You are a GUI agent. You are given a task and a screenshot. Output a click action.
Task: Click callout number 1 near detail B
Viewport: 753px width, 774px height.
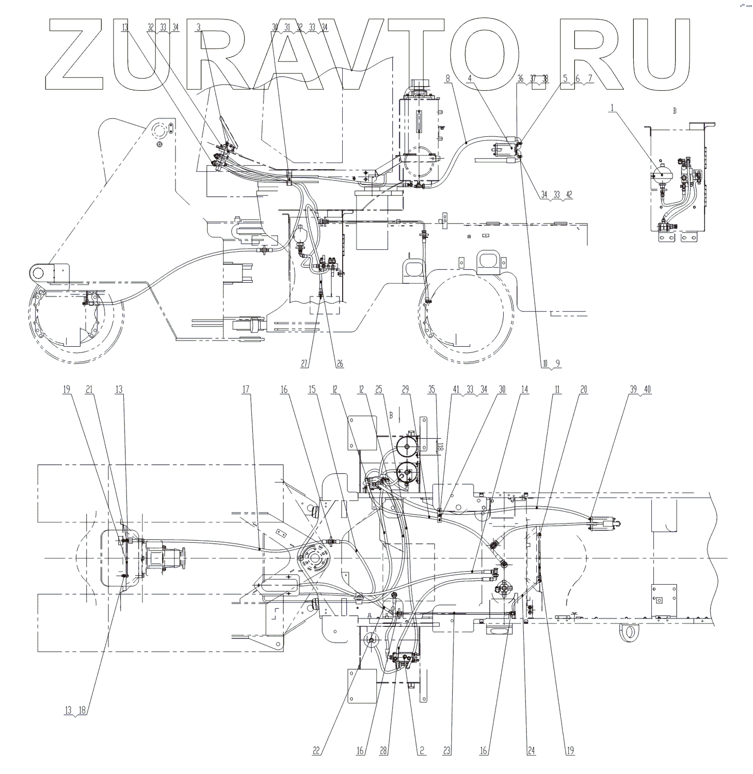(612, 108)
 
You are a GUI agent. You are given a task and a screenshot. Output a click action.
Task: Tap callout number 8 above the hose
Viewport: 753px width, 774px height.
(447, 78)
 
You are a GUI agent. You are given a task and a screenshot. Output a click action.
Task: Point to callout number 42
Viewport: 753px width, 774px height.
(569, 195)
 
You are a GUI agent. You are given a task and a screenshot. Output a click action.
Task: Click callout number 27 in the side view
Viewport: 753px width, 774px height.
(305, 364)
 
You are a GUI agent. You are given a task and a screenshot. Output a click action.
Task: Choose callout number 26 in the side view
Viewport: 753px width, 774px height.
(340, 364)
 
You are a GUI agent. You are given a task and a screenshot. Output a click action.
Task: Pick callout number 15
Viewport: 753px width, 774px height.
(312, 390)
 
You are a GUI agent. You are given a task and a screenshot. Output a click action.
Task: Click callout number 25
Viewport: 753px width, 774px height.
(379, 390)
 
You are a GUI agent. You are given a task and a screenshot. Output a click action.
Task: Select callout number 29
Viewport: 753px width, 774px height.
(405, 390)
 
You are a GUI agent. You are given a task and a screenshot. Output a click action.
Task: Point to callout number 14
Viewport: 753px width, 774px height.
(524, 390)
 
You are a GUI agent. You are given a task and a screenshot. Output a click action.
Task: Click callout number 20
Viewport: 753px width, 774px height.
(583, 390)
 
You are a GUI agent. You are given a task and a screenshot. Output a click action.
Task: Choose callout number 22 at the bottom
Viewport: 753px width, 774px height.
(316, 751)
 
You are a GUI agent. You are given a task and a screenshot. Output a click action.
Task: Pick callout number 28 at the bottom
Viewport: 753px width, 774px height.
(383, 751)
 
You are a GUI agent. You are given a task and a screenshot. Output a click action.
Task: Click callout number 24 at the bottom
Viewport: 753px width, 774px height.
(531, 751)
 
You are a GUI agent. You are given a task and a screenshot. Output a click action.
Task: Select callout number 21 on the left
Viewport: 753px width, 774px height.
(89, 390)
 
